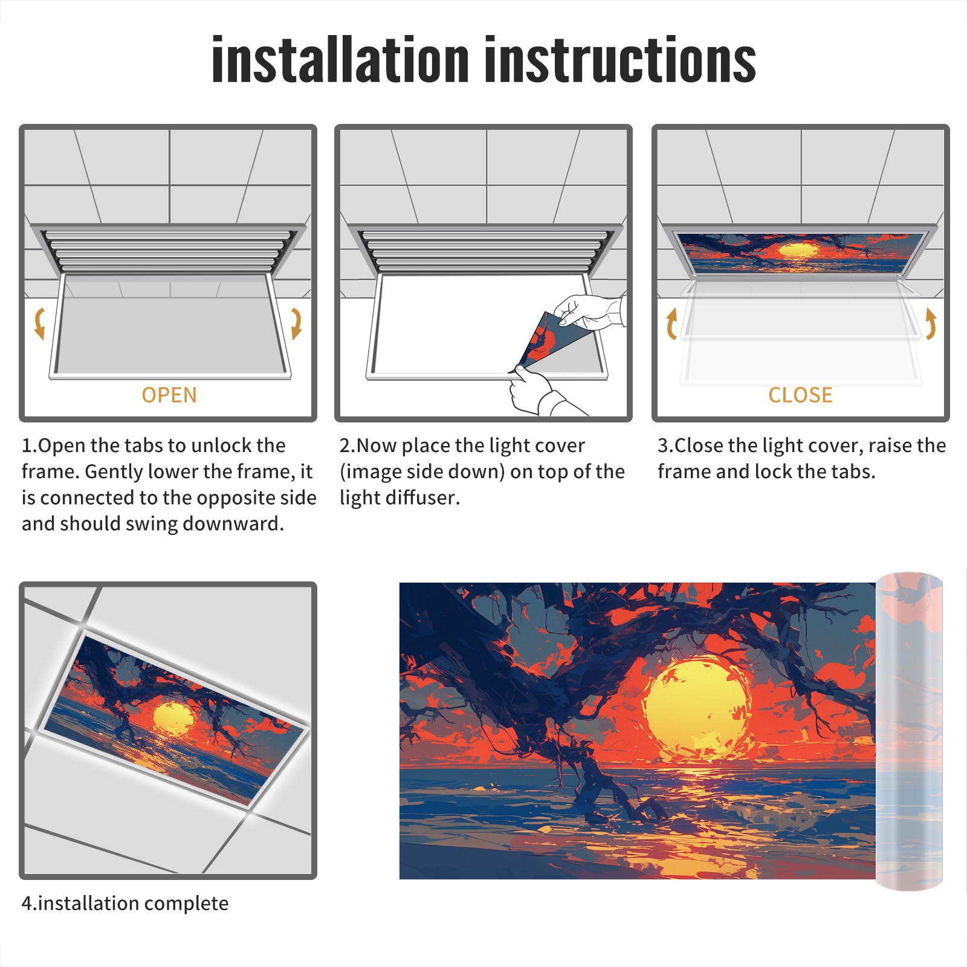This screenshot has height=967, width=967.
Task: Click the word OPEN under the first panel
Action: (169, 395)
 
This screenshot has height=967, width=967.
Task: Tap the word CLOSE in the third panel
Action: (800, 395)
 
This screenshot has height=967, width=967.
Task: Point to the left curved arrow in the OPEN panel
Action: (39, 323)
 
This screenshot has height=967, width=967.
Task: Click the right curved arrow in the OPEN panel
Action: (296, 323)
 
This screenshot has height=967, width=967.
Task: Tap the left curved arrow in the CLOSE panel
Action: (671, 323)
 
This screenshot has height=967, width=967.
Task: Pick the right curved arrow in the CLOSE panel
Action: (931, 323)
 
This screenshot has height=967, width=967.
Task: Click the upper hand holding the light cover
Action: (589, 311)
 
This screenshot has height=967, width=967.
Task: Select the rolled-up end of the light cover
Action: (909, 731)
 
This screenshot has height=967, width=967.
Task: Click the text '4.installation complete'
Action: (125, 904)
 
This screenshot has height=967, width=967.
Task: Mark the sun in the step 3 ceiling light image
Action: (799, 250)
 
